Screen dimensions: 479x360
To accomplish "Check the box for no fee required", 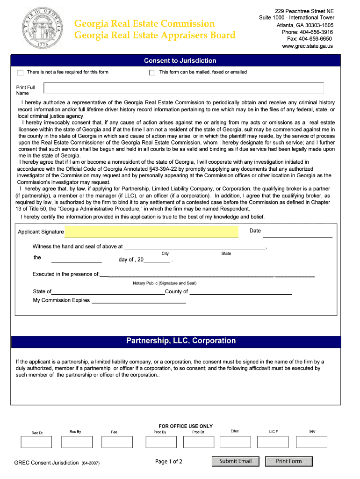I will [20, 73].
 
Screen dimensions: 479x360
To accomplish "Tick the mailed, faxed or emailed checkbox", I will [152, 73].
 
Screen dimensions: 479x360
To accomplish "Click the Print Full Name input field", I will [183, 88].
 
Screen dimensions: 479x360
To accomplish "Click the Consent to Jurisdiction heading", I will [180, 61].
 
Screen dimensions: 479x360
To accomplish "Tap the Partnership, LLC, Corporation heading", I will [180, 341].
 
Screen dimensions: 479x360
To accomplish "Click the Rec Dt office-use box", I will [37, 442].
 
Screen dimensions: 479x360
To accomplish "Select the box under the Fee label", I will [114, 442].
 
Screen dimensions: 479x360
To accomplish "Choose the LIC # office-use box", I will [274, 442].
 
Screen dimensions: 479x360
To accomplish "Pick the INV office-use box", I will [312, 442].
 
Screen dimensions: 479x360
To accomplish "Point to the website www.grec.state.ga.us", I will [307, 46].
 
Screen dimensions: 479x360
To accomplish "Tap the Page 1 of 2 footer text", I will [169, 462].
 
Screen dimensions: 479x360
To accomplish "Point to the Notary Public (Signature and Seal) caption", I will [165, 283].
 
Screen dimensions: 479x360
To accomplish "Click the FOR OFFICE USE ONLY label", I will [186, 426].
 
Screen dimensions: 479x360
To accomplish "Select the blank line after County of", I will [240, 293].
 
